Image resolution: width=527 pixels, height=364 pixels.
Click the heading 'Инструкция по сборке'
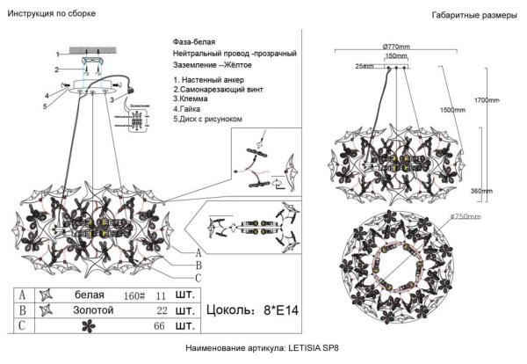52,15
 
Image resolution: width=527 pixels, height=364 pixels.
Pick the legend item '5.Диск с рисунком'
208,119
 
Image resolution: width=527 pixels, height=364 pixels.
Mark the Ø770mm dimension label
398,46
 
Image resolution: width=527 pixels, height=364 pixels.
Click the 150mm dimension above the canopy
396,55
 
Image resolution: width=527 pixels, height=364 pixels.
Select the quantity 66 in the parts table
161,327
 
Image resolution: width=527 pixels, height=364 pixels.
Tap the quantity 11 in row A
160,295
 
